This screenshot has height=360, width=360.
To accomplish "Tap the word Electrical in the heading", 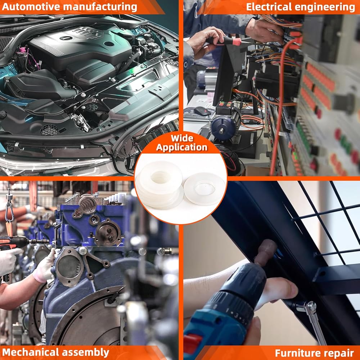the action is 269,7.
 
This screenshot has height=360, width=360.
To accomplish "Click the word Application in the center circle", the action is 182,147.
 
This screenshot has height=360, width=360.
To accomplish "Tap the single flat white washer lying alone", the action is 205,189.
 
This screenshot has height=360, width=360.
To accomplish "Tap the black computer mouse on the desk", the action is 202,111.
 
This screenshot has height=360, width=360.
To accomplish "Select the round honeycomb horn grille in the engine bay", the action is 49,130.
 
